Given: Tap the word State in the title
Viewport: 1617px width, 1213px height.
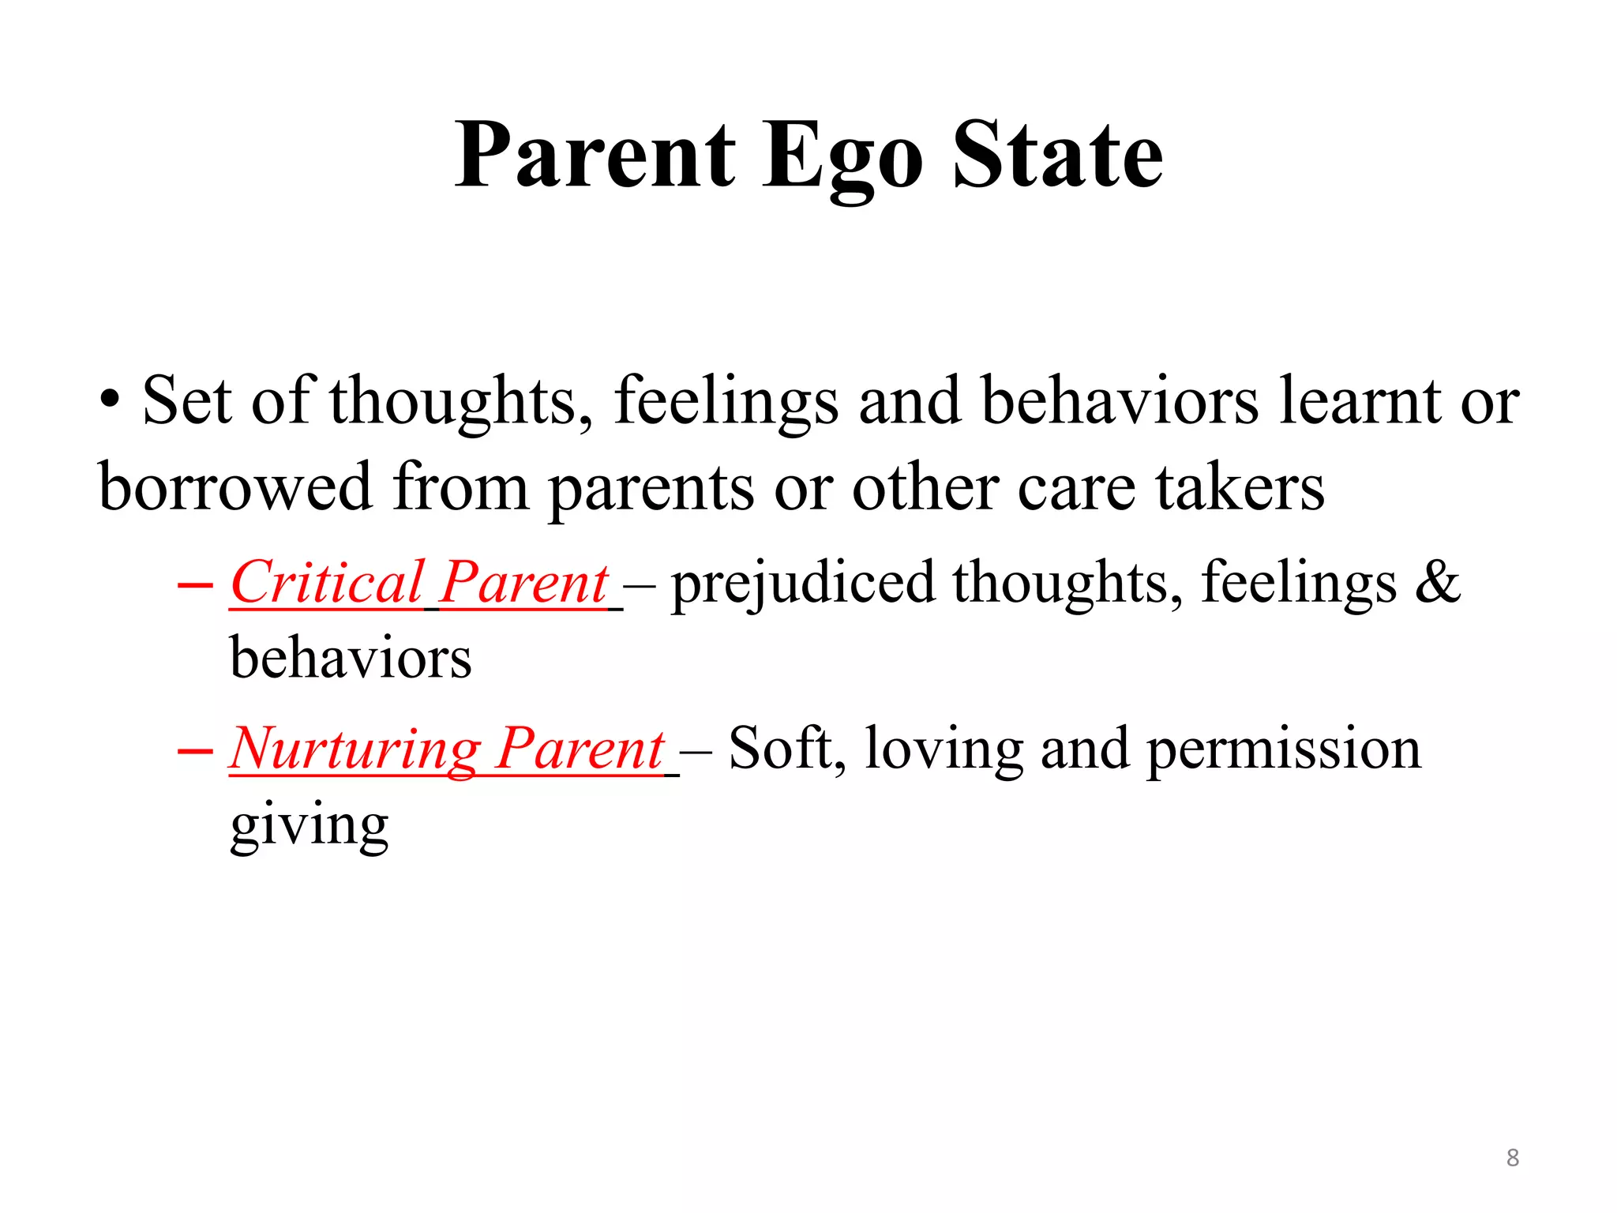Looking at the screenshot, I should point(1058,155).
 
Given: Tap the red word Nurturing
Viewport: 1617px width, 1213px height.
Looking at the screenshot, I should point(354,749).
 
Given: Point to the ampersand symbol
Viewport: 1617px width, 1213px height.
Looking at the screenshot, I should point(1437,583).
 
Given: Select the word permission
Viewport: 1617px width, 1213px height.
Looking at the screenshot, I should point(1283,749).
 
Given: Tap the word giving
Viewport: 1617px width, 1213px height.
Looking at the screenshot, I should point(310,826).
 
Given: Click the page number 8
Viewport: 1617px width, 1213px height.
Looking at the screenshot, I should point(1512,1158).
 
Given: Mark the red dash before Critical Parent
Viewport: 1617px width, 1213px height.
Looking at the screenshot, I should point(195,586).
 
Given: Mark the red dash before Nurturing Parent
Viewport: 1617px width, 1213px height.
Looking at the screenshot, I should point(195,751).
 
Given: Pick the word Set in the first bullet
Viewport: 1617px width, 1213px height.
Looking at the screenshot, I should point(186,401).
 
